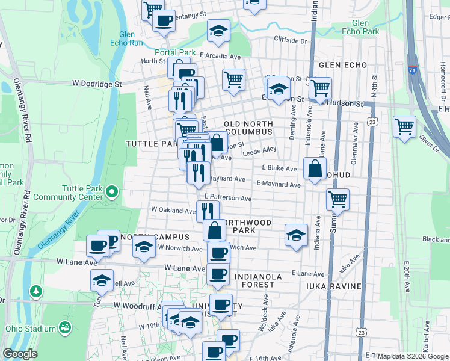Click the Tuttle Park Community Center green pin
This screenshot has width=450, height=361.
point(111,193)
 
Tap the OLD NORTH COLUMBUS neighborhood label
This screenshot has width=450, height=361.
point(248,128)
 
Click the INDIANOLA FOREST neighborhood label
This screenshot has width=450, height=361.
point(259,277)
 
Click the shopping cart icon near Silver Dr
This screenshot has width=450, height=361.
point(405,126)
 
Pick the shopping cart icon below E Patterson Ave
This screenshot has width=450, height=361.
point(338,199)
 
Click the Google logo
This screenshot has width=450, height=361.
point(20,354)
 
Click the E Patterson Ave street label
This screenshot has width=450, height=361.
point(227,197)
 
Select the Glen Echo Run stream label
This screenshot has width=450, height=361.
point(127,39)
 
